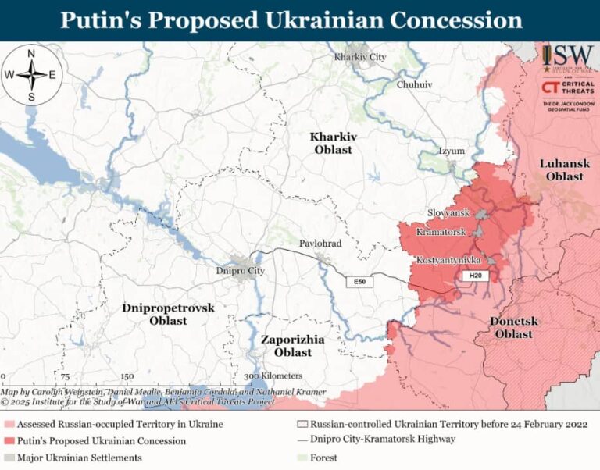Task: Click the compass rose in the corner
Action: point(31,76)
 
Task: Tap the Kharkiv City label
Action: point(360,57)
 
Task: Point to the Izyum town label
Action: point(452,151)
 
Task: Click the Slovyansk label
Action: point(448,212)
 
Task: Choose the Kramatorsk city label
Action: point(441,233)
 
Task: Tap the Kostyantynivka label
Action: point(448,259)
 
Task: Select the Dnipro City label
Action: point(240,270)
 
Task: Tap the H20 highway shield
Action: point(475,276)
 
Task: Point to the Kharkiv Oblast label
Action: point(333,143)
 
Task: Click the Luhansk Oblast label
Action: point(564,169)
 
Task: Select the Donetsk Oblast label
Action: point(512,328)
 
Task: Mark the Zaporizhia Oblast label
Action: point(293,346)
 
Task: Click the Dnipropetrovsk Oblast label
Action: point(168,314)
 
